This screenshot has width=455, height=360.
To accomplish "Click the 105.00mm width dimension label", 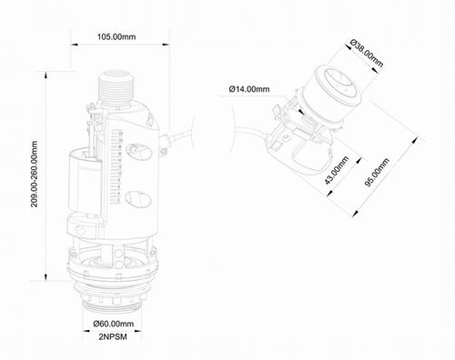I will click(116, 36).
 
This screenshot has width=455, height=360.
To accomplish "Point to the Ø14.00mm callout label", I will click(248, 89).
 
